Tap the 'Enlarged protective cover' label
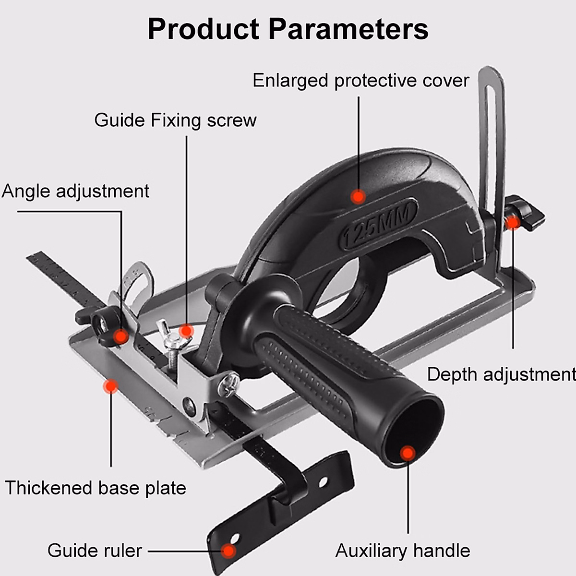point(360,81)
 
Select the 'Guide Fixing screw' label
point(175,120)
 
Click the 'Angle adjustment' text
point(75,191)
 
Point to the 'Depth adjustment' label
point(501,374)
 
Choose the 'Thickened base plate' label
point(96,488)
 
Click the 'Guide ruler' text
point(95,551)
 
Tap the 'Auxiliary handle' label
point(402,551)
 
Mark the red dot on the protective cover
point(358,196)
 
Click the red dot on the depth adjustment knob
point(513,222)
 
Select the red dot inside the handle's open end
point(408,453)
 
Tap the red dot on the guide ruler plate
point(229,551)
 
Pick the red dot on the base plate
point(111,386)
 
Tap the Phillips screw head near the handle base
point(229,384)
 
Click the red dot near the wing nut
point(186,331)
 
